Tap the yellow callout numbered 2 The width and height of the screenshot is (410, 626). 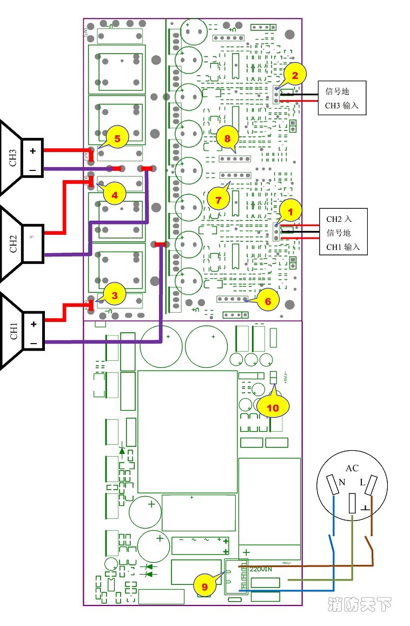pos(295,76)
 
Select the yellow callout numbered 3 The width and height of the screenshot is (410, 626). pos(114,295)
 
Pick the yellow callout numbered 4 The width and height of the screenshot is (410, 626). pos(114,193)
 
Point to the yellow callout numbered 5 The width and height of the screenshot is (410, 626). pos(117,139)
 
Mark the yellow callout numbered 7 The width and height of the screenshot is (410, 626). pos(219,200)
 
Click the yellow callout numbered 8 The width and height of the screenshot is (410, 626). pos(227,139)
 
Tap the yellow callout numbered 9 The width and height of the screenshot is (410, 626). pos(204,586)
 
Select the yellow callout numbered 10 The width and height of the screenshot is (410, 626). pos(273,407)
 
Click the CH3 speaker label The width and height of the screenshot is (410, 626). pos(14,157)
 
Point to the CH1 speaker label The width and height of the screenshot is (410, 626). pos(14,332)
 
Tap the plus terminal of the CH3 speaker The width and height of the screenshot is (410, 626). pos(32,151)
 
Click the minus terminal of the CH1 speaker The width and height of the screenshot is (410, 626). pos(33,344)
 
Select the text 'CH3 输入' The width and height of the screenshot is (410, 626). pos(341,105)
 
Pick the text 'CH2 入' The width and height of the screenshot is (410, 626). pos(339,219)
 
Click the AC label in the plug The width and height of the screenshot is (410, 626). pos(352,468)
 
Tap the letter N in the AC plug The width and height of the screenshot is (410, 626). pos(341,482)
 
